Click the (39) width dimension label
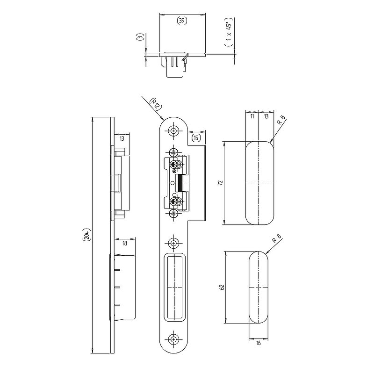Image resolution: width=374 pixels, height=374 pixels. click(x=182, y=21)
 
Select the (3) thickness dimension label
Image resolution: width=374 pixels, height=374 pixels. click(x=141, y=37)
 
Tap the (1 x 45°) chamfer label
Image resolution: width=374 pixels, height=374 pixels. click(x=229, y=32)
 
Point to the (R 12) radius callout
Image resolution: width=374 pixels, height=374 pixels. click(x=155, y=104)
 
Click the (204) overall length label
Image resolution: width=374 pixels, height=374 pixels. click(x=86, y=235)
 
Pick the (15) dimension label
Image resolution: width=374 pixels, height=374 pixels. click(x=196, y=137)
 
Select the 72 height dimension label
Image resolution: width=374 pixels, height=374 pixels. click(x=221, y=183)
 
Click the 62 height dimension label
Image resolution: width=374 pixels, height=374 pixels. click(x=222, y=287)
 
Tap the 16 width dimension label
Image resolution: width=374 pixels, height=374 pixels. click(x=259, y=343)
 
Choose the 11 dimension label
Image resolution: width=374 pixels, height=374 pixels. click(x=252, y=116)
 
